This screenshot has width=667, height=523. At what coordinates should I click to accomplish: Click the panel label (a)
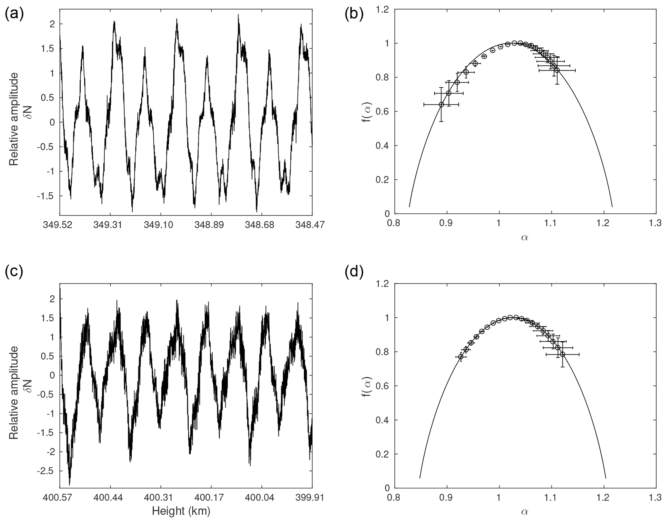(14, 15)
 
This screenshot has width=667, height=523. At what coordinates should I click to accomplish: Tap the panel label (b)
(354, 15)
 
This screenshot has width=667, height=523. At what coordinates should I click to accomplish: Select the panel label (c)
(14, 272)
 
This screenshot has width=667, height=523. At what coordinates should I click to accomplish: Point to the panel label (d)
(354, 272)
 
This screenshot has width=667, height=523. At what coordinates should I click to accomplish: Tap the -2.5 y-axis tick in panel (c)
(47, 471)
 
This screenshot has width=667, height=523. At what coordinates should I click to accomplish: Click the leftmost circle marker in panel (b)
(441, 104)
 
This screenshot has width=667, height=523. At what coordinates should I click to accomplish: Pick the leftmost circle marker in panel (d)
(460, 357)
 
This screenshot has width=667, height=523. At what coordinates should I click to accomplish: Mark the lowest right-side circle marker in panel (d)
(562, 354)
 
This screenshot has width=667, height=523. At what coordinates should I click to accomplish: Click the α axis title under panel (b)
(525, 238)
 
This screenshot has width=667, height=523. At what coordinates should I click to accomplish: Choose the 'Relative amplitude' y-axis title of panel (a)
(14, 119)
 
